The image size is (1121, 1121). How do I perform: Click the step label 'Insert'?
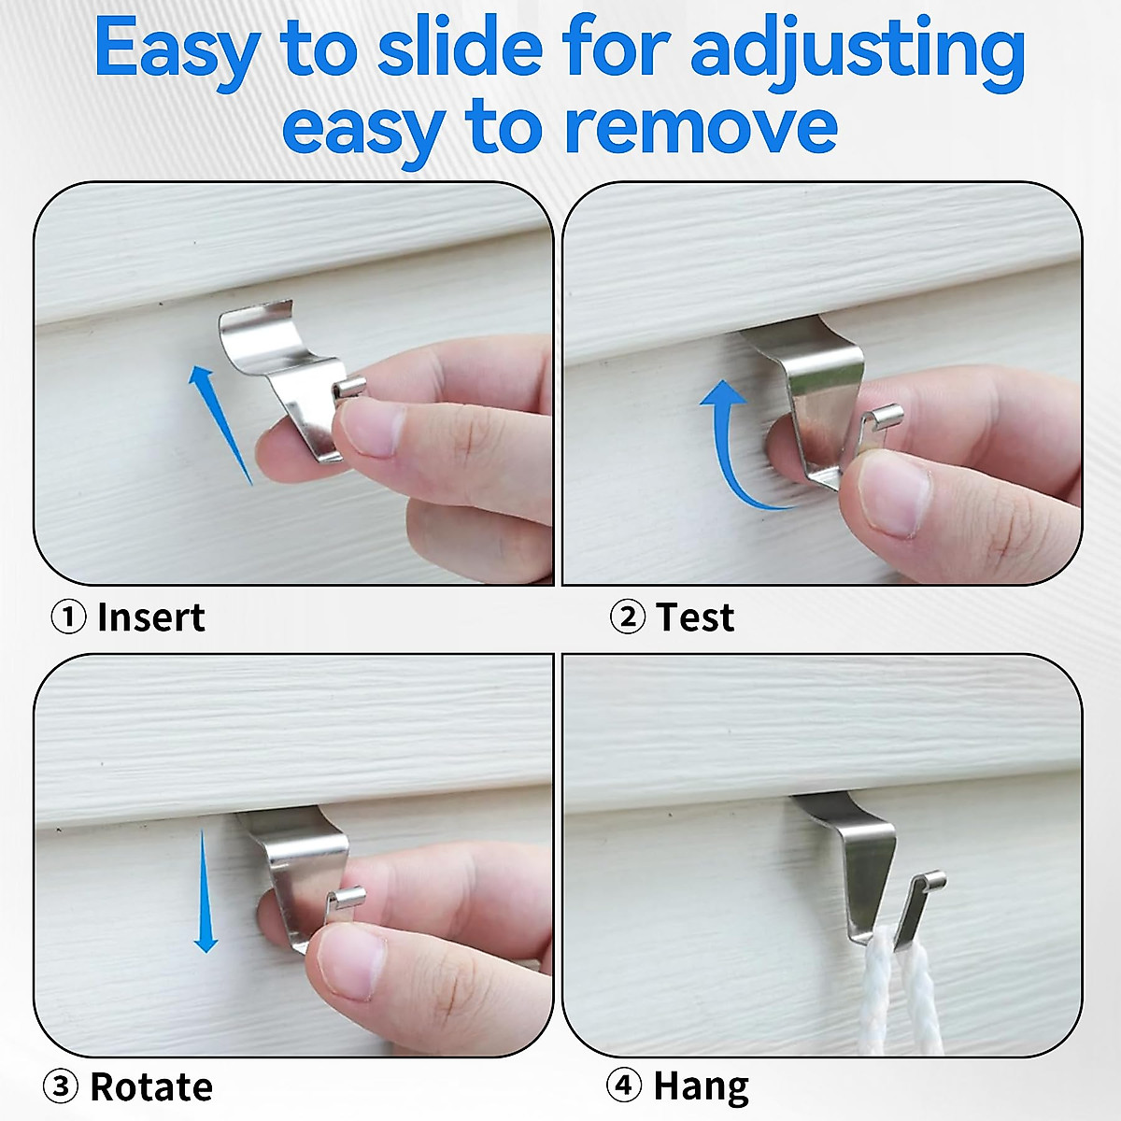[x=150, y=617]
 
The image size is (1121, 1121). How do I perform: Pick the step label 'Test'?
[x=694, y=617]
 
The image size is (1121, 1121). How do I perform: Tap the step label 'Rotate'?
[x=150, y=1086]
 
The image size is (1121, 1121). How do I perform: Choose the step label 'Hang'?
[x=701, y=1086]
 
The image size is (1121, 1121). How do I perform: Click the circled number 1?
[x=68, y=617]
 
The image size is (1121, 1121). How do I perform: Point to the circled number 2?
[x=627, y=617]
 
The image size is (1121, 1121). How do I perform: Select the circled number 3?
[x=61, y=1086]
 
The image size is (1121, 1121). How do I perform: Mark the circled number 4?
[x=624, y=1086]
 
